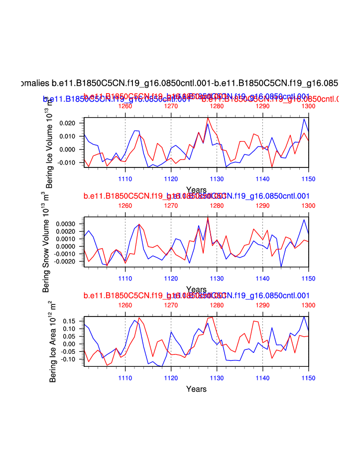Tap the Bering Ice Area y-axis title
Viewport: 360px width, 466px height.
coord(53,341)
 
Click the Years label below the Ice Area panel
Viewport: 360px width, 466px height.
coord(196,389)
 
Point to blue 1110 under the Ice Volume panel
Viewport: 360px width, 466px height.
coord(125,179)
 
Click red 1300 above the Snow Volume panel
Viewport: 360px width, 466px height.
coord(308,205)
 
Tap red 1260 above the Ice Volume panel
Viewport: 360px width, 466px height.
coord(125,106)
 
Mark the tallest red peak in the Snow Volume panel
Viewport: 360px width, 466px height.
coord(208,217)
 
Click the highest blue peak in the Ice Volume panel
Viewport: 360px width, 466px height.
coord(304,119)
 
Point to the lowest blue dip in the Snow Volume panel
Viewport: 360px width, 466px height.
coord(281,267)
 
